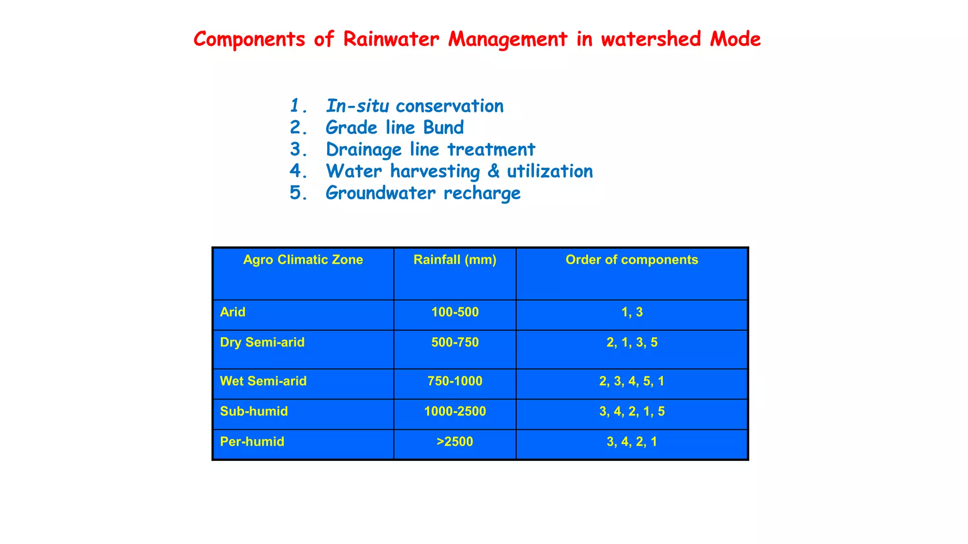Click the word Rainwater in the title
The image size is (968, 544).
click(x=390, y=39)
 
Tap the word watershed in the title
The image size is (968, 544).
click(x=651, y=39)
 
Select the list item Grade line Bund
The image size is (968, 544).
click(x=395, y=127)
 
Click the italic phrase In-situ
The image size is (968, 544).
click(x=357, y=106)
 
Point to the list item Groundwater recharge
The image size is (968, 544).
click(x=423, y=193)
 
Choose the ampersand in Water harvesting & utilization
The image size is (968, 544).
click(x=493, y=171)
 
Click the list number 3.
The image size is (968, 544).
click(x=298, y=149)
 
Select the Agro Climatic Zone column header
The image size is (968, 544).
click(x=303, y=260)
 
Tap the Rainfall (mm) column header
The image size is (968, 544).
click(x=455, y=260)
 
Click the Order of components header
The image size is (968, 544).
click(x=631, y=260)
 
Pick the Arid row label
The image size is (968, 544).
click(x=233, y=312)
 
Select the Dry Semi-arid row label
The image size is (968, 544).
click(x=262, y=342)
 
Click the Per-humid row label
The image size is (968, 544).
click(x=252, y=442)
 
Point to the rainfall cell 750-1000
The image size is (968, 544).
click(x=455, y=381)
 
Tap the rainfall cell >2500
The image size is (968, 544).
click(x=455, y=442)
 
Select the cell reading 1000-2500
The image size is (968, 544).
click(x=455, y=411)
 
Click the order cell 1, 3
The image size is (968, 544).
click(x=632, y=312)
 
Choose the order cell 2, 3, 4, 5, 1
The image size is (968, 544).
click(x=632, y=381)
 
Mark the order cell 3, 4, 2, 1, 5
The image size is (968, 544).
click(x=632, y=411)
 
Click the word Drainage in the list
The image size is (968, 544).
click(x=363, y=149)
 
